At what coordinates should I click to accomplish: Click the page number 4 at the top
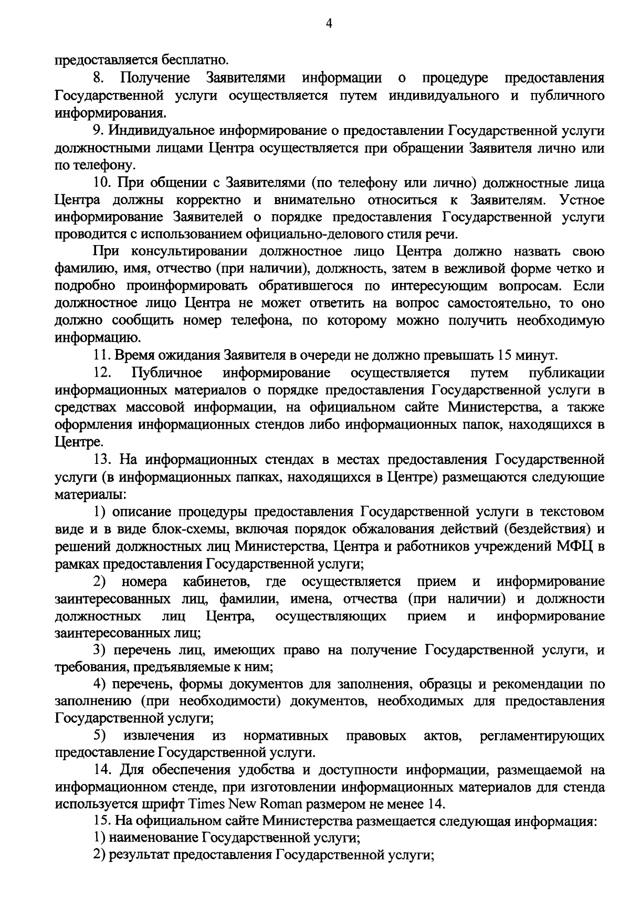tap(329, 23)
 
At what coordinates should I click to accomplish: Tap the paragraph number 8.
tap(98, 78)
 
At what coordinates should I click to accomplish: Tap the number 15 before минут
tap(506, 355)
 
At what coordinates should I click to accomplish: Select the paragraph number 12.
tap(101, 373)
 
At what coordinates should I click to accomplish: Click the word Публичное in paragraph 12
tap(167, 373)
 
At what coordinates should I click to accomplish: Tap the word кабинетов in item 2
tap(220, 581)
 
